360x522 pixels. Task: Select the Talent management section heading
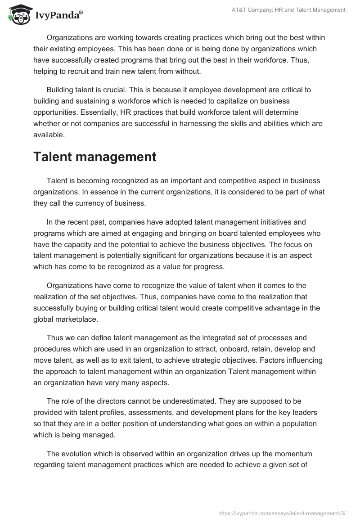(x=94, y=157)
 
